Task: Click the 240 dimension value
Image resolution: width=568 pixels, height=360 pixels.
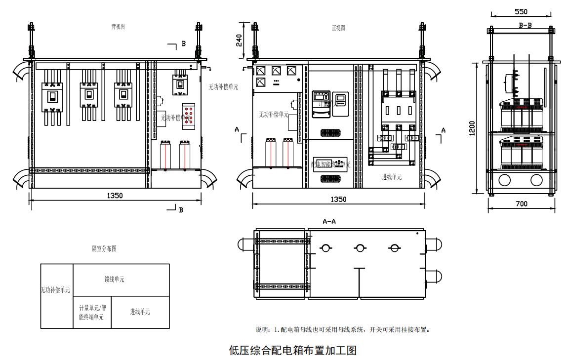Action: (x=239, y=40)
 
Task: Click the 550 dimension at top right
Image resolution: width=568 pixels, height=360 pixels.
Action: (x=521, y=11)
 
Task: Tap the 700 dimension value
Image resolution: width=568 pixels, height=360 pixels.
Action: (x=521, y=203)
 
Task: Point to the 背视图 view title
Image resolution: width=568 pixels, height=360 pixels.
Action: (x=118, y=27)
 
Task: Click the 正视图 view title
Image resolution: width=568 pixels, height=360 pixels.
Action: (x=338, y=28)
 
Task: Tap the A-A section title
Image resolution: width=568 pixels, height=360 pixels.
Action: (x=329, y=222)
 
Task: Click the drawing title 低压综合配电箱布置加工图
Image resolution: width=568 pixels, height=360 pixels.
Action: (x=292, y=351)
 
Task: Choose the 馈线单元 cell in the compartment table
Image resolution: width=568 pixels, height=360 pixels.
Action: (x=114, y=280)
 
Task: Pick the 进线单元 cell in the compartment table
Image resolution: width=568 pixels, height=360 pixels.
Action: (x=140, y=312)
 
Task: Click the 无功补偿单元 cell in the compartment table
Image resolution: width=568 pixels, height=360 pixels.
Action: (x=55, y=290)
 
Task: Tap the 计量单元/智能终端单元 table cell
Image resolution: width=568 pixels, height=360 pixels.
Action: (x=92, y=312)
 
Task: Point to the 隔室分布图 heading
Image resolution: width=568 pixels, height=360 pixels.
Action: (x=104, y=249)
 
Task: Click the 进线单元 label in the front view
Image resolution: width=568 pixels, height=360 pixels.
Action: (x=392, y=177)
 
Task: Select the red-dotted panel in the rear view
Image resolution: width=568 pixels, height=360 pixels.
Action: (x=188, y=117)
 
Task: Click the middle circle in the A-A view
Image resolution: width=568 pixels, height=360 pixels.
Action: (x=360, y=248)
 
